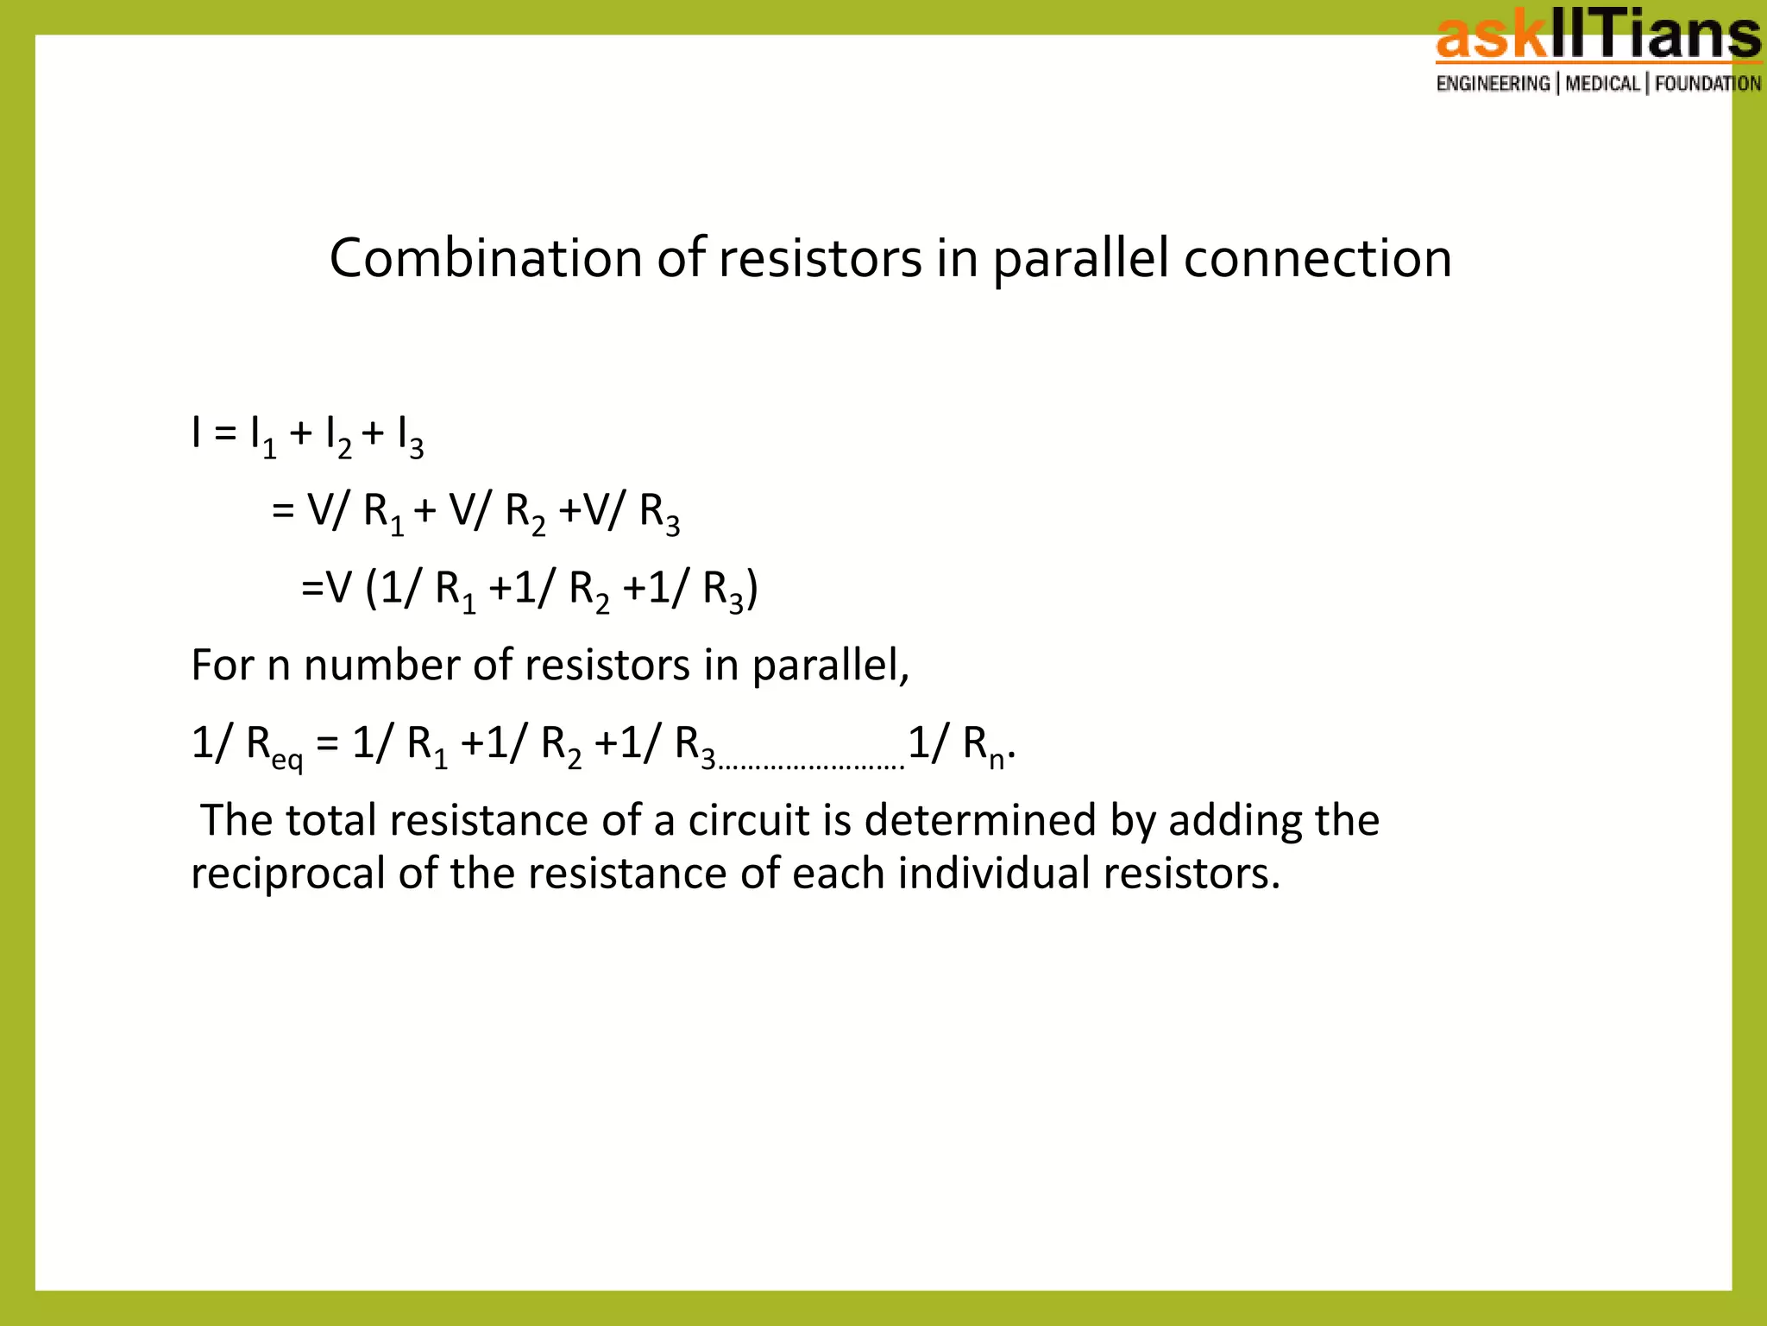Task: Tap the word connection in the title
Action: [x=1317, y=258]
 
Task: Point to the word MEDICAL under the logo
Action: [x=1602, y=84]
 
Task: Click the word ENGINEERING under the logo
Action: [x=1493, y=84]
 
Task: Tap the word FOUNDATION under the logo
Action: [x=1707, y=84]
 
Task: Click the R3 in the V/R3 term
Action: [x=659, y=514]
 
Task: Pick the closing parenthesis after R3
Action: [x=752, y=590]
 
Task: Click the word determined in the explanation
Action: [x=980, y=819]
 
